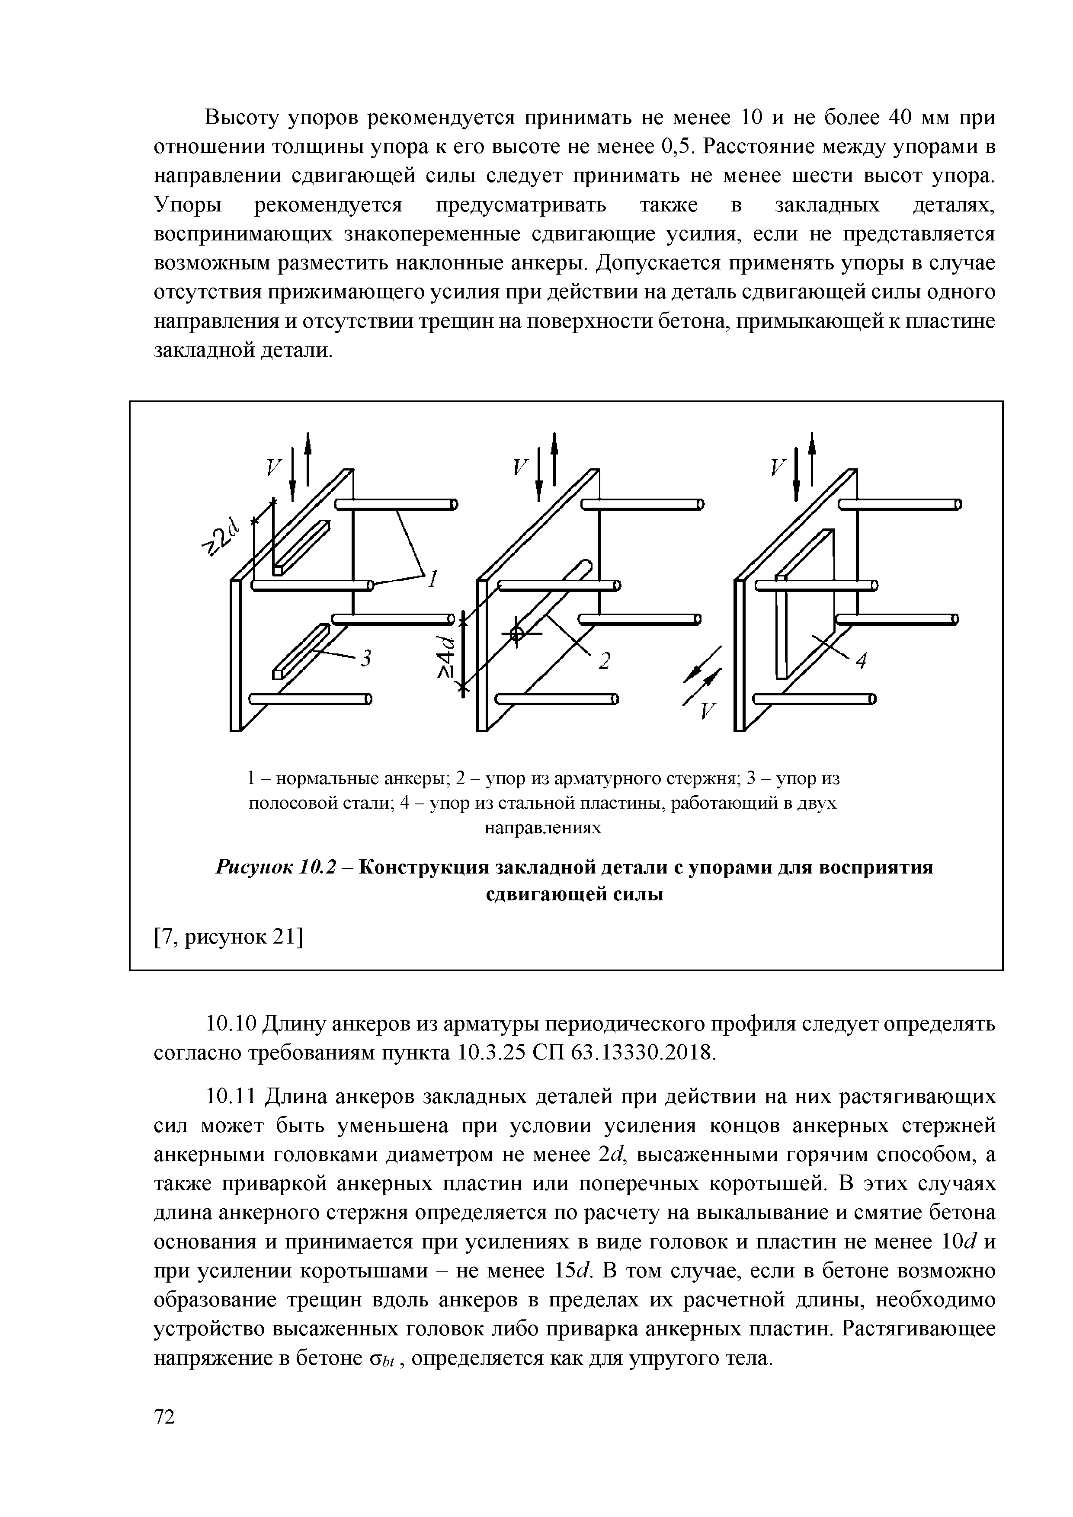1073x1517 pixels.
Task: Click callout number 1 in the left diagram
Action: (x=433, y=580)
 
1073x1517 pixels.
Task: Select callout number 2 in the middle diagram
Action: (x=604, y=661)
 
